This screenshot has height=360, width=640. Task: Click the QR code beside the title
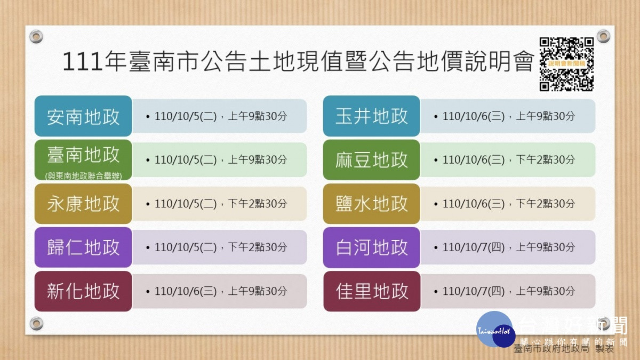tap(566, 64)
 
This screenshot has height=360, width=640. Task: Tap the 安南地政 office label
tap(83, 116)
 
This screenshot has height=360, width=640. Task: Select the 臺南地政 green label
tap(83, 159)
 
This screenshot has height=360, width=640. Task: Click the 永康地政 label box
tap(83, 204)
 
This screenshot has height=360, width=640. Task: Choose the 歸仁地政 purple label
tap(83, 247)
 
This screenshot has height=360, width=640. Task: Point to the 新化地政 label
tap(83, 291)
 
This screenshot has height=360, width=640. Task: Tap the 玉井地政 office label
tap(371, 116)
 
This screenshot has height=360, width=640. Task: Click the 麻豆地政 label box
tap(371, 159)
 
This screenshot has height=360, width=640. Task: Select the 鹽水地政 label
tap(371, 204)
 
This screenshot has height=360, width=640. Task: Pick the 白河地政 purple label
tap(371, 247)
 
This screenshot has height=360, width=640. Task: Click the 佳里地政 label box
tap(372, 291)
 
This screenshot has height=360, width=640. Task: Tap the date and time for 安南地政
tap(217, 116)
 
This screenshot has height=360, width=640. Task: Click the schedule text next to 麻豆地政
tap(505, 159)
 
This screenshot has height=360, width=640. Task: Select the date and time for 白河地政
tap(505, 247)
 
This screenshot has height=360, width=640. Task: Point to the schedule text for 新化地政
tap(217, 291)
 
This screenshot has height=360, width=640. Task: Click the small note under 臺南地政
tap(83, 176)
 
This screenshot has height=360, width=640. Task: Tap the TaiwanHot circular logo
tap(495, 330)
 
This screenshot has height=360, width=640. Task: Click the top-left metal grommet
tap(36, 37)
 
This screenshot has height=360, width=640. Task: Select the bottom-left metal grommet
tap(37, 323)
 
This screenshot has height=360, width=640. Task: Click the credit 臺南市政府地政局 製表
tap(564, 349)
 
